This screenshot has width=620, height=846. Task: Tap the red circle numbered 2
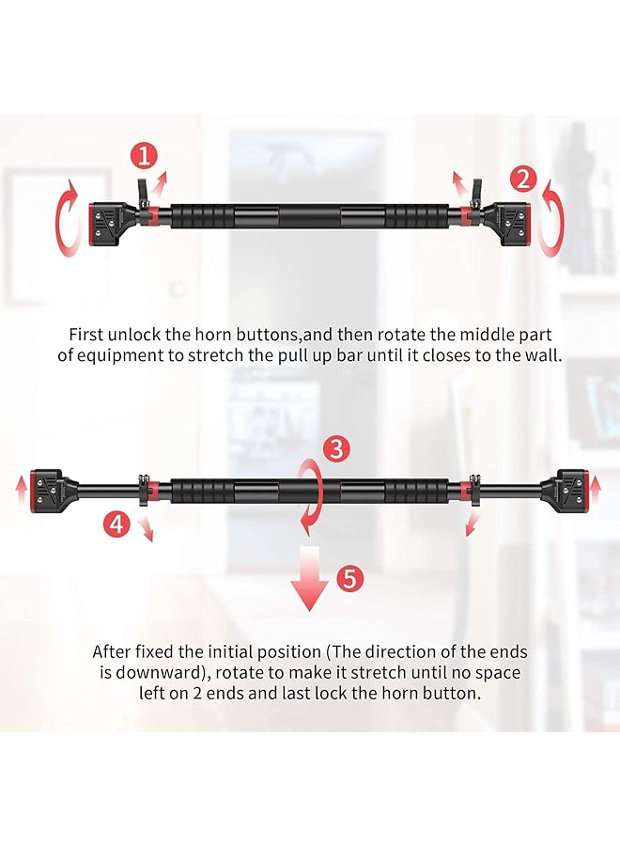tap(524, 177)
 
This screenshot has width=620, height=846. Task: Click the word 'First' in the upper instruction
tap(87, 334)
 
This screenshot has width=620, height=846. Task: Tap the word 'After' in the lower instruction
tap(111, 650)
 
